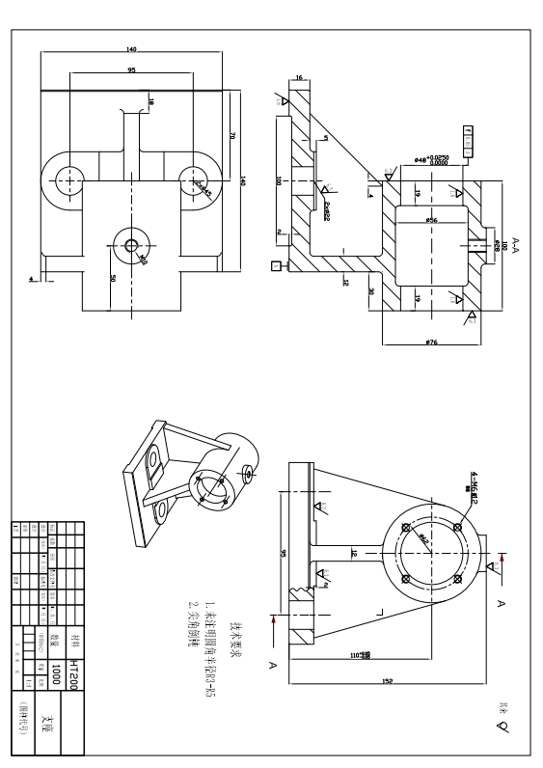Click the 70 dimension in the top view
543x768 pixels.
pyautogui.click(x=231, y=136)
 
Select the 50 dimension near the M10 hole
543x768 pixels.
pyautogui.click(x=113, y=279)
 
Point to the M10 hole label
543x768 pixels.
pyautogui.click(x=143, y=259)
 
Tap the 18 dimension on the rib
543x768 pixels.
pyautogui.click(x=150, y=100)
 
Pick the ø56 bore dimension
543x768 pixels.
pyautogui.click(x=431, y=221)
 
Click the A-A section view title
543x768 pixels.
pyautogui.click(x=516, y=244)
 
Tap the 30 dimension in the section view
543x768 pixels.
pyautogui.click(x=370, y=289)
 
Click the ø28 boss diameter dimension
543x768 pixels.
pyautogui.click(x=496, y=245)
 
